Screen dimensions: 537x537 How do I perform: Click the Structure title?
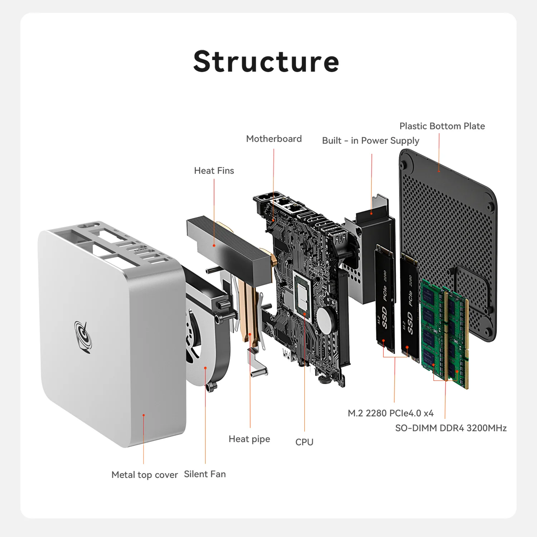tap(266, 62)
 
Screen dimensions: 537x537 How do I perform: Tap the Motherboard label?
tap(274, 139)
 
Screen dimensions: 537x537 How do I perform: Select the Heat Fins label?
tap(214, 171)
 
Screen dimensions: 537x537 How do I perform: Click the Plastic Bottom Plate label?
tap(442, 126)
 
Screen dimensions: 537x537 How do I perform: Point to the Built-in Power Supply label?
tap(371, 141)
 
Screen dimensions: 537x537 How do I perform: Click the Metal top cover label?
tap(145, 475)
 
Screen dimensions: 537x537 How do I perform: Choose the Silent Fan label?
tap(205, 474)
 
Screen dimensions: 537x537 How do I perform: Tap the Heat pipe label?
tap(249, 439)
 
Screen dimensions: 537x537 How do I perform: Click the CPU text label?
tap(304, 442)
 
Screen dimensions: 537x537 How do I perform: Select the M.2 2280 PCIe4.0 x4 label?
tap(391, 413)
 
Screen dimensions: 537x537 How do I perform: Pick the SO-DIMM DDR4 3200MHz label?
tap(451, 428)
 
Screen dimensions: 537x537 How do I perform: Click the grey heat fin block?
tap(229, 247)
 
